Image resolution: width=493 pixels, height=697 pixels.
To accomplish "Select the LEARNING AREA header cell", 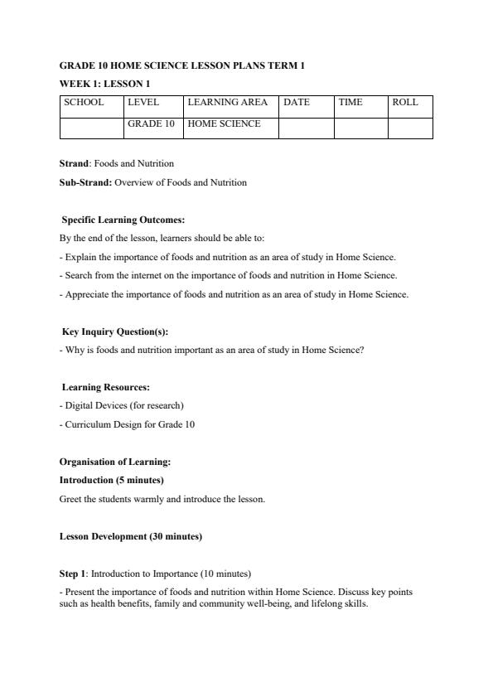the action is [228, 103].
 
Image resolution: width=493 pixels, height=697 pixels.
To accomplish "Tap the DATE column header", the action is [297, 103].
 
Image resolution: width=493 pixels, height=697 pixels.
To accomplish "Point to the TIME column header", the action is [350, 103].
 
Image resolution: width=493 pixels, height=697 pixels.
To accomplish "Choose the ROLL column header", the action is [405, 103].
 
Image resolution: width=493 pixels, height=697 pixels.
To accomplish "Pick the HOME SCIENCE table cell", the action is [225, 123].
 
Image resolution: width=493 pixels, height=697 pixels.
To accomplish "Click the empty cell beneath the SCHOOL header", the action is [91, 128].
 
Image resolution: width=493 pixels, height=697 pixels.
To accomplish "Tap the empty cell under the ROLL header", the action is [410, 128].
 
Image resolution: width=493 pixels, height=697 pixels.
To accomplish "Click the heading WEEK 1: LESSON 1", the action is [104, 84].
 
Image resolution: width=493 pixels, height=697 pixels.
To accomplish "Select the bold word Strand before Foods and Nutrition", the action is [74, 163].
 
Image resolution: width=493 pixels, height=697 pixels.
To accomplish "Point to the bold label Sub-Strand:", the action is [85, 182].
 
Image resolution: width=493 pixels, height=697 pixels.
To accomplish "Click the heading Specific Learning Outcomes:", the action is [123, 220].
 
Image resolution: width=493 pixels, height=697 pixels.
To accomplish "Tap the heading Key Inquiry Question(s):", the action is [115, 332].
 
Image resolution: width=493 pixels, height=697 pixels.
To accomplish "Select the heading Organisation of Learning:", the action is [114, 462].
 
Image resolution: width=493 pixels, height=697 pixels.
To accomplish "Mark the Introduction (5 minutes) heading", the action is [111, 480].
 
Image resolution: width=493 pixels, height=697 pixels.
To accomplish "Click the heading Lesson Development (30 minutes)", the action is [130, 536].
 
